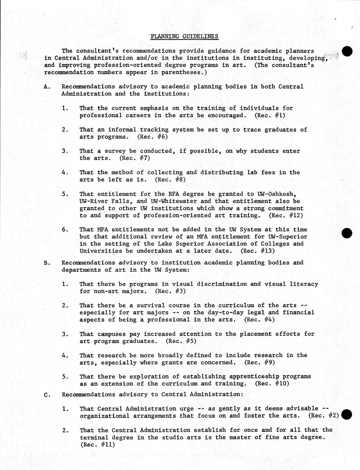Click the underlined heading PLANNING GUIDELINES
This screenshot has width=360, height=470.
pos(184,36)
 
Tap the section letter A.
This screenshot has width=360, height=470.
pos(47,87)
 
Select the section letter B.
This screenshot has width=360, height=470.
pos(47,263)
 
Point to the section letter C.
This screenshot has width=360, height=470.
pos(47,394)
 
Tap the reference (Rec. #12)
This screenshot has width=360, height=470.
pos(286,215)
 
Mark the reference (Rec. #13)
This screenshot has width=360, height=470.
pos(258,251)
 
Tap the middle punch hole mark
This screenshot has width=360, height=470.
pos(347,233)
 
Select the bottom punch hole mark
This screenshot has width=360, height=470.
pos(346,414)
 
